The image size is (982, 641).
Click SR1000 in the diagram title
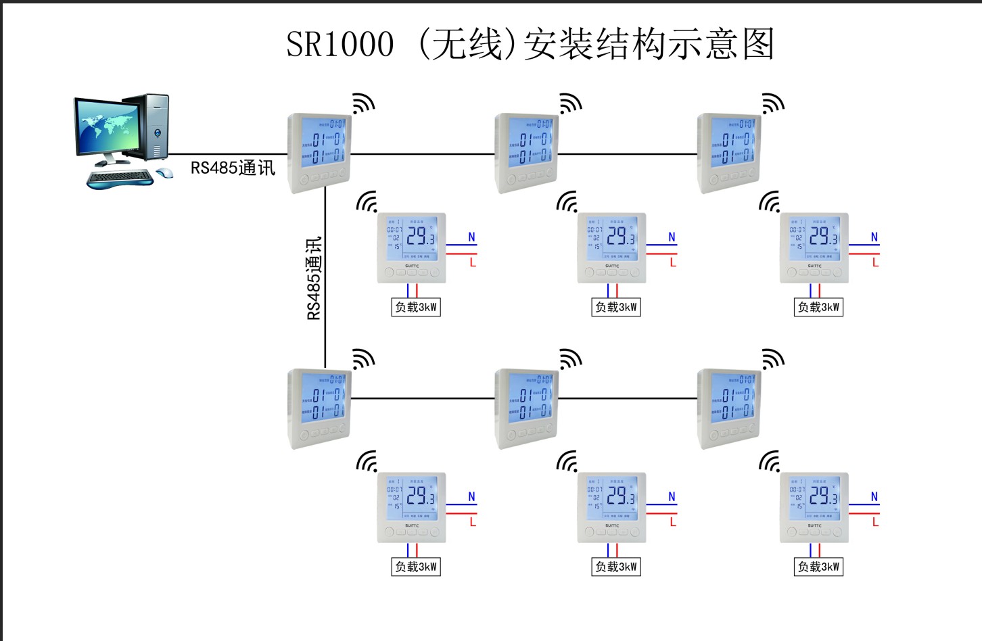click(x=340, y=45)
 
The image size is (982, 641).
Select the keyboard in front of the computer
click(x=120, y=179)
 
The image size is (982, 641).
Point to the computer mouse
click(x=164, y=173)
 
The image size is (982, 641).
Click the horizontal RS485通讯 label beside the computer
click(x=233, y=168)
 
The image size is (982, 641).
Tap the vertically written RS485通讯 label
click(x=314, y=278)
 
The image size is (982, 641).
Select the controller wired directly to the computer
click(x=319, y=152)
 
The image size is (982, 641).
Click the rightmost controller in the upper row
click(x=729, y=152)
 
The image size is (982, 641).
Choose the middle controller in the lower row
click(x=526, y=408)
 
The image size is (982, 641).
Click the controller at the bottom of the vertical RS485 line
click(x=319, y=408)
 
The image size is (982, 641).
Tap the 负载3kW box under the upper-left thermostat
click(x=416, y=307)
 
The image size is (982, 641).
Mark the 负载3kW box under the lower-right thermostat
click(x=818, y=567)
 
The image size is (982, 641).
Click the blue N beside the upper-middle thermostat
click(x=672, y=237)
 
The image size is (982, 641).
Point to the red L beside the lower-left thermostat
click(x=473, y=522)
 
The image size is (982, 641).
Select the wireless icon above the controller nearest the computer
click(x=363, y=103)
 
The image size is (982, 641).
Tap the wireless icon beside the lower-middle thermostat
click(x=567, y=461)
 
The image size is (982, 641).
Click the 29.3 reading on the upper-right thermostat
click(x=823, y=236)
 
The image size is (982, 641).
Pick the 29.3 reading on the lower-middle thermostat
click(x=620, y=496)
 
